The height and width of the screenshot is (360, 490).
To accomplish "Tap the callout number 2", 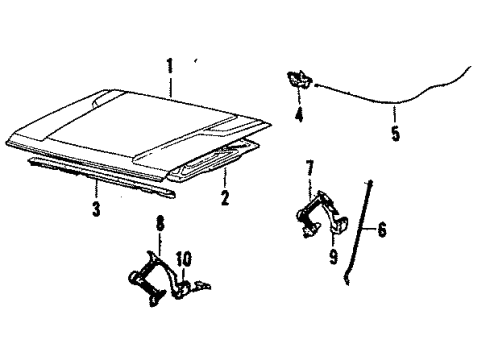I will [x=225, y=198].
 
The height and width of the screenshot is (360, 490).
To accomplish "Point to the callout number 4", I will [x=298, y=115].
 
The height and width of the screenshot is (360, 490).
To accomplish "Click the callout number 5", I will [x=396, y=133].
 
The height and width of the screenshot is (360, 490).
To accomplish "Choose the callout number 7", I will [x=310, y=165].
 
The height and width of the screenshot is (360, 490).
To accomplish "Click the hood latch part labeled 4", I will [x=298, y=81].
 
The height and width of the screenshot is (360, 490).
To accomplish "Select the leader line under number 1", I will [x=170, y=84].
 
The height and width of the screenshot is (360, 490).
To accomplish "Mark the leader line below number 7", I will [x=310, y=181].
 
